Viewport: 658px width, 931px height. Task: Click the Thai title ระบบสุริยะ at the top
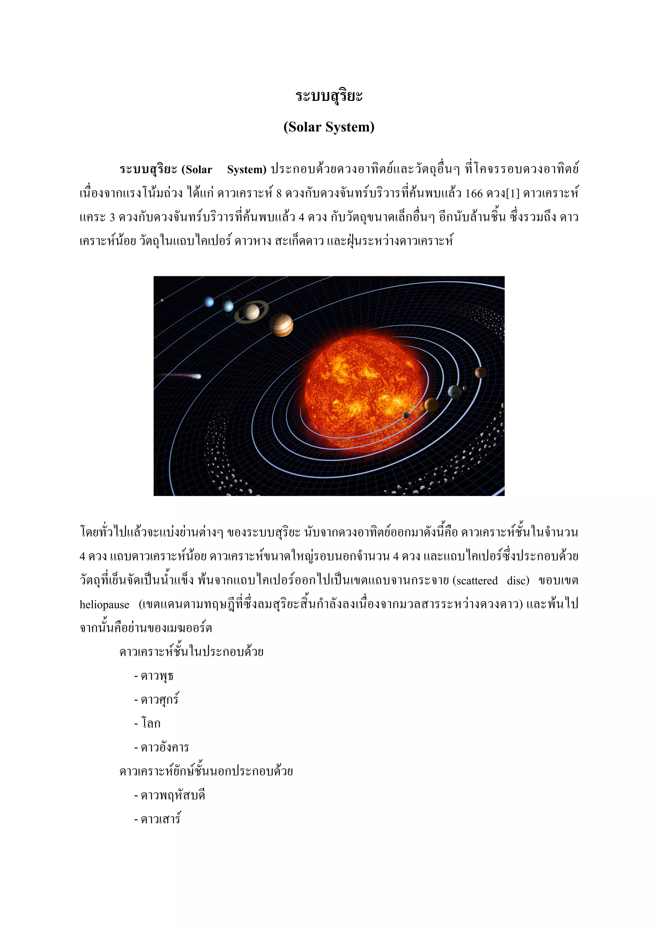(x=329, y=96)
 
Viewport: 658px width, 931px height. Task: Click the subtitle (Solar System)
(x=329, y=127)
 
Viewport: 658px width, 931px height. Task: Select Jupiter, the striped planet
(x=281, y=325)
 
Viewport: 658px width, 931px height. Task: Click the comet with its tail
(x=197, y=376)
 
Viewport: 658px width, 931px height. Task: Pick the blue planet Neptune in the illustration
(x=209, y=302)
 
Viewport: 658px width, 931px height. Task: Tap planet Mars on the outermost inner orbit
(x=480, y=372)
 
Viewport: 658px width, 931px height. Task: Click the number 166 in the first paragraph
(x=474, y=193)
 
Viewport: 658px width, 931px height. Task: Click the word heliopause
(x=104, y=605)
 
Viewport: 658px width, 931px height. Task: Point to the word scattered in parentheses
(x=477, y=581)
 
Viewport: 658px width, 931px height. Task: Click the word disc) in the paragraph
(x=518, y=581)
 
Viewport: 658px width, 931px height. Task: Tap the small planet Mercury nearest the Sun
(x=406, y=415)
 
